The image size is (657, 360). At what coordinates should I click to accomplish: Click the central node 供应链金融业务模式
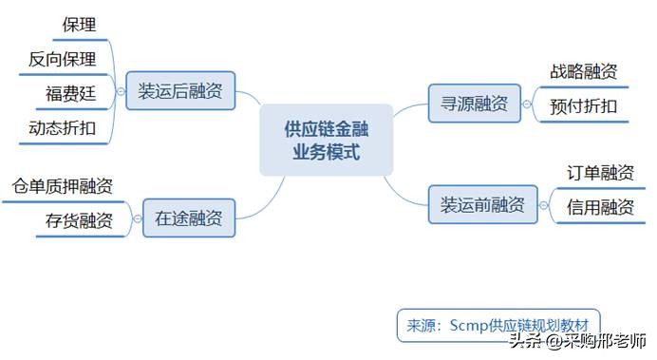pos(326,140)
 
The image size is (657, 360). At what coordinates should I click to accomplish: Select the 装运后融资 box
pos(180,91)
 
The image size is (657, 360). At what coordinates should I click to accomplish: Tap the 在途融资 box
pos(189,218)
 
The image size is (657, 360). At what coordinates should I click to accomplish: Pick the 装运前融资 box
pos(481,204)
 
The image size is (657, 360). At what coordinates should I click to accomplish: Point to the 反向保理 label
pos(63,59)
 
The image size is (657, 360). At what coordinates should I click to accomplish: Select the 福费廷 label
pos(70,93)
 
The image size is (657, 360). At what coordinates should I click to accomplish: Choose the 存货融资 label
pos(79,221)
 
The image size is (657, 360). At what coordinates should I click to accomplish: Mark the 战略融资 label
pos(584,71)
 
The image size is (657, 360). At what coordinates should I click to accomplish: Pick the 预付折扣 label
pos(584,105)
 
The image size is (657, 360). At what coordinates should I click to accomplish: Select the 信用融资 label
pos(601,206)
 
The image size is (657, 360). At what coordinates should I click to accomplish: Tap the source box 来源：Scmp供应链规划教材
pos(497,325)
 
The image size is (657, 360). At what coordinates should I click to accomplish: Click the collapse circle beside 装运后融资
pos(121,91)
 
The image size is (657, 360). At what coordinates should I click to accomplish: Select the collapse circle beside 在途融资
pos(136,218)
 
